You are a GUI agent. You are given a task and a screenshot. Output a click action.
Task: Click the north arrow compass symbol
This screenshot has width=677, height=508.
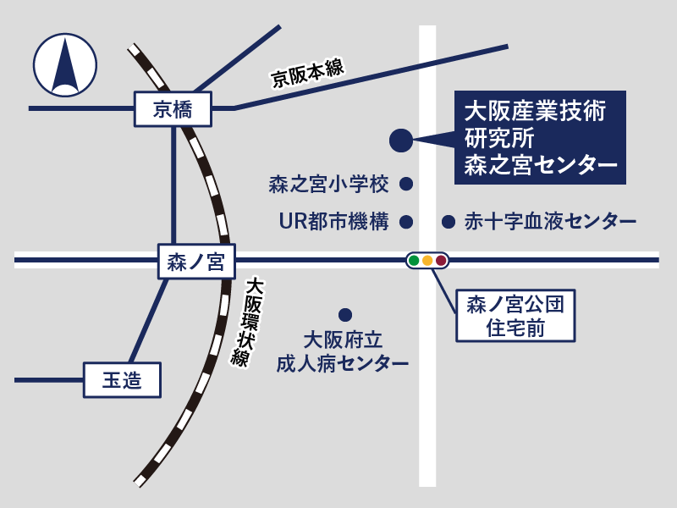pyautogui.click(x=65, y=65)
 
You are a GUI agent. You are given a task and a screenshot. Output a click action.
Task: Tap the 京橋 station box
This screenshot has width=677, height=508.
pyautogui.click(x=173, y=109)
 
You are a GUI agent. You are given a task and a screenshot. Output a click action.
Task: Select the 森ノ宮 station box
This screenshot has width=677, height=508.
pyautogui.click(x=196, y=262)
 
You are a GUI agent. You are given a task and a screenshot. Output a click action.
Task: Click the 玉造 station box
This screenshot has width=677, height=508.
pyautogui.click(x=122, y=380)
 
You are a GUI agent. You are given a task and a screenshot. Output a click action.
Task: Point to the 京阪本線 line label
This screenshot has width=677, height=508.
pyautogui.click(x=307, y=73)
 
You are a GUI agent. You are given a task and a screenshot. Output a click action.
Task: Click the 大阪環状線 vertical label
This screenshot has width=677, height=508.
pyautogui.click(x=248, y=323)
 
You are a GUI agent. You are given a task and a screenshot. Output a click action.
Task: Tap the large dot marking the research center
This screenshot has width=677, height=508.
pyautogui.click(x=401, y=141)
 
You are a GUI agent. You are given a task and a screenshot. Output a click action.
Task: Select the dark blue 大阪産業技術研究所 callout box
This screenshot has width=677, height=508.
pyautogui.click(x=540, y=137)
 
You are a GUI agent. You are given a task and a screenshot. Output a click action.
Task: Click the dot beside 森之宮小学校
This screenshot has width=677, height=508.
pyautogui.click(x=406, y=184)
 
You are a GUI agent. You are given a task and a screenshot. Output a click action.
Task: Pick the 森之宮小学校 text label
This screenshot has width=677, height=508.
pyautogui.click(x=328, y=185)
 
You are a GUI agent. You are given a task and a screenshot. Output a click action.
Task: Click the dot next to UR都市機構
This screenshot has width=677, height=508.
pyautogui.click(x=406, y=222)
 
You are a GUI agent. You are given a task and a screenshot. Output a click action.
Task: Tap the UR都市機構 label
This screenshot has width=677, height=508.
pyautogui.click(x=333, y=222)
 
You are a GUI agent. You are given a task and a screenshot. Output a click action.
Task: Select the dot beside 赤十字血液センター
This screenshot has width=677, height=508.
pyautogui.click(x=449, y=222)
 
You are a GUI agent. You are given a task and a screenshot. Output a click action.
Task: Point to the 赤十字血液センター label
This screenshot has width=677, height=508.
pyautogui.click(x=551, y=222)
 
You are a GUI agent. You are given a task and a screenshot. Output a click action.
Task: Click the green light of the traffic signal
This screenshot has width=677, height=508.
pyautogui.click(x=414, y=261)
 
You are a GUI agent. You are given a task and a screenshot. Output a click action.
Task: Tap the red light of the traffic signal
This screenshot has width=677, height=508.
pyautogui.click(x=441, y=261)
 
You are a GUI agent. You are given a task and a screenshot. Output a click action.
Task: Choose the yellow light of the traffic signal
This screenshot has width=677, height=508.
pyautogui.click(x=427, y=261)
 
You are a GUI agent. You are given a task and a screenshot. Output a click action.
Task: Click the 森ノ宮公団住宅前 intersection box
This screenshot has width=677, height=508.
pyautogui.click(x=515, y=316)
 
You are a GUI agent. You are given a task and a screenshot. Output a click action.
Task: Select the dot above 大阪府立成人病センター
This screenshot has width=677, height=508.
pyautogui.click(x=345, y=315)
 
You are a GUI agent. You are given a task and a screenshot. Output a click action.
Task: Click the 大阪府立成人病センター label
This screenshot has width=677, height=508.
pyautogui.click(x=343, y=352)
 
